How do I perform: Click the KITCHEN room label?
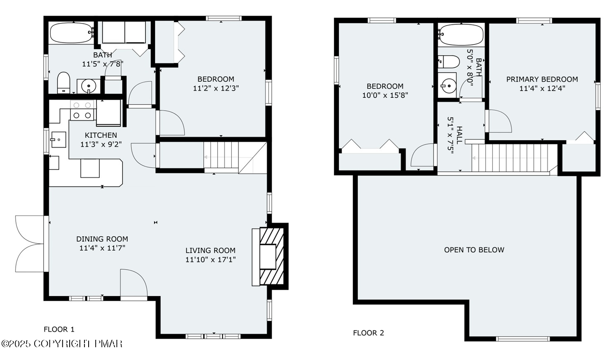pyautogui.click(x=101, y=135)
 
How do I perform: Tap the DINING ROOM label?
pyautogui.click(x=102, y=239)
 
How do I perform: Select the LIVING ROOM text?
pyautogui.click(x=210, y=250)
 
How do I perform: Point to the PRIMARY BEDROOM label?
pyautogui.click(x=542, y=79)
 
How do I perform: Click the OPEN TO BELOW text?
pyautogui.click(x=474, y=250)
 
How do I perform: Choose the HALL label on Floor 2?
pyautogui.click(x=459, y=135)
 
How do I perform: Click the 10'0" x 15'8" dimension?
pyautogui.click(x=385, y=95)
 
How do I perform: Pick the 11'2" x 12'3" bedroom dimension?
pyautogui.click(x=216, y=88)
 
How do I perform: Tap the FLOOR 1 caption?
pyautogui.click(x=59, y=329)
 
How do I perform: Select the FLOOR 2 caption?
pyautogui.click(x=369, y=333)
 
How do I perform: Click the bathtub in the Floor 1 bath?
pyautogui.click(x=72, y=33)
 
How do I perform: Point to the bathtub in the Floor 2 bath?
pyautogui.click(x=461, y=35)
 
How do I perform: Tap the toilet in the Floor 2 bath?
pyautogui.click(x=448, y=62)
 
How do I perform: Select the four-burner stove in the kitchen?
pyautogui.click(x=83, y=111)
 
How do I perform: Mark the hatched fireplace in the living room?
pyautogui.click(x=272, y=256)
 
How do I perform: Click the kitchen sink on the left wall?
pyautogui.click(x=59, y=139)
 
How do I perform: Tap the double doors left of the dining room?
pyautogui.click(x=30, y=244)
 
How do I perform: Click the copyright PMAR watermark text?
pyautogui.click(x=62, y=344)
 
